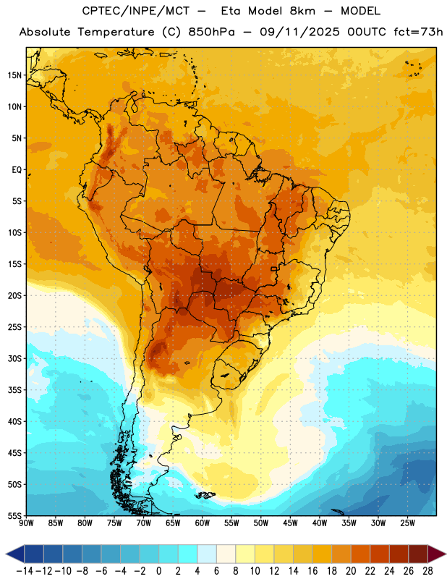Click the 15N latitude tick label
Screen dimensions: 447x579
14,75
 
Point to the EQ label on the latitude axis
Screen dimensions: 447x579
17,170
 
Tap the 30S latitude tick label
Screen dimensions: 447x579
14,358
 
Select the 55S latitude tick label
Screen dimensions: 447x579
14,515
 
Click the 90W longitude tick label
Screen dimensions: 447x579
26,523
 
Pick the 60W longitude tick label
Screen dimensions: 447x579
203,523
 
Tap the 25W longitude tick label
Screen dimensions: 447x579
407,523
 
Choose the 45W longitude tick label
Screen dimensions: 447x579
290,523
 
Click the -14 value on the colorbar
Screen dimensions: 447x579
25,571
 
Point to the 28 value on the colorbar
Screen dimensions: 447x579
427,571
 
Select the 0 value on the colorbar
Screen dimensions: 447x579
158,571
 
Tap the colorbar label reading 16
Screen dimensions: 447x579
312,571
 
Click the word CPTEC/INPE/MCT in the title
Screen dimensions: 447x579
135,11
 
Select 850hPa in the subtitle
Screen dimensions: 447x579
211,32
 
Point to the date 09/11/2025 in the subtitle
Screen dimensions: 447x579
299,32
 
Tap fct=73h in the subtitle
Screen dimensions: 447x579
418,32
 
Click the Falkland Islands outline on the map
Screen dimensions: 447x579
205,495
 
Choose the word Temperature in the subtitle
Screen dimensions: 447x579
116,32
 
